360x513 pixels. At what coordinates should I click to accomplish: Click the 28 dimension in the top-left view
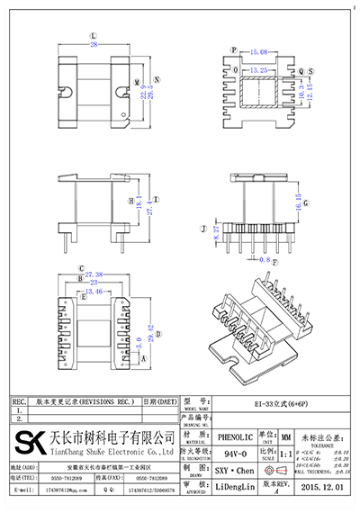[x=94, y=45]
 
